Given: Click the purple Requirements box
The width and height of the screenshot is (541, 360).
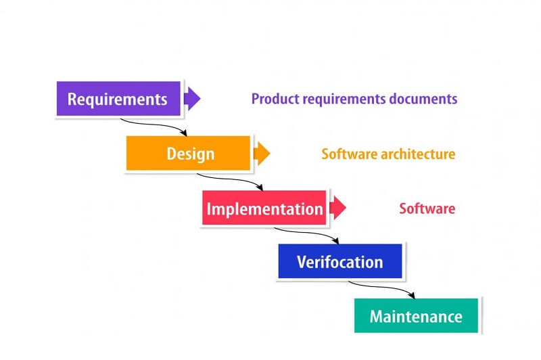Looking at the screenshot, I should coord(118,99).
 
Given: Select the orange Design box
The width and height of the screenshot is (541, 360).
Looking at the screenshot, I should coord(189,154).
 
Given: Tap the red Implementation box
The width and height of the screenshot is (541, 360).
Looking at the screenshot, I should coord(264,208).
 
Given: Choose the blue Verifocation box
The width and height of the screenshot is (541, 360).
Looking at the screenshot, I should coord(339,262).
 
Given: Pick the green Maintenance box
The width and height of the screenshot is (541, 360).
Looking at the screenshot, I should coord(416,316).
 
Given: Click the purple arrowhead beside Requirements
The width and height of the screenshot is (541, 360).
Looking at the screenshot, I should coord(192,99).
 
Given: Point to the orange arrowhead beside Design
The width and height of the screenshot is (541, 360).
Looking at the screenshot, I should coord(262,154).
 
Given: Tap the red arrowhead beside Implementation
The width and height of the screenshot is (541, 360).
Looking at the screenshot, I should coord(338,208).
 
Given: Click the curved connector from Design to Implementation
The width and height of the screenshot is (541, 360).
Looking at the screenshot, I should coord(230,180).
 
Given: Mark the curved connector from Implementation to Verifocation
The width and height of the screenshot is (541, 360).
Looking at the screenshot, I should coord(306,234).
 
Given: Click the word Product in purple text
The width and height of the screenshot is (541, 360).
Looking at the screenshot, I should coord(272,99).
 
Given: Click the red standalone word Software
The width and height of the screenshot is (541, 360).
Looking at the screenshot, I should coord(427,208).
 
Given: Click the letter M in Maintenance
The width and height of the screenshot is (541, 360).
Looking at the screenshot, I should coord(376,316).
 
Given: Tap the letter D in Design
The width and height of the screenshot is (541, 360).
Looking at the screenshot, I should coord(172,154).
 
